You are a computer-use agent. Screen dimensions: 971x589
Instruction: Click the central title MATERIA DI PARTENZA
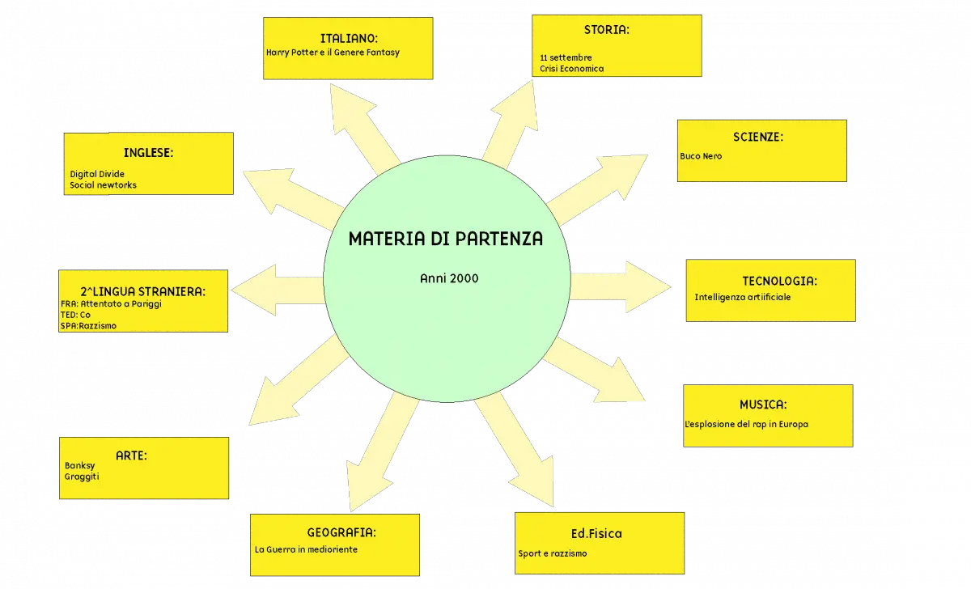[x=446, y=239]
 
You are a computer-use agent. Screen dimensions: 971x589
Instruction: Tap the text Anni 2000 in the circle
[x=449, y=278]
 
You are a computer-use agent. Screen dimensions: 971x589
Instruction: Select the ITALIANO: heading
[x=349, y=39]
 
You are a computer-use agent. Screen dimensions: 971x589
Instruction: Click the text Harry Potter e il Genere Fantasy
[x=333, y=53]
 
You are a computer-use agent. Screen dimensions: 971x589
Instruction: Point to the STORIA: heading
[x=606, y=30]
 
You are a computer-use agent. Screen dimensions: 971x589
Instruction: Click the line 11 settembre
[x=566, y=57]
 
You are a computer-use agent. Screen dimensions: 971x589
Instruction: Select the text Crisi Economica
[x=572, y=69]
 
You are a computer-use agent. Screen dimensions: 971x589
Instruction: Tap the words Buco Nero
[x=701, y=156]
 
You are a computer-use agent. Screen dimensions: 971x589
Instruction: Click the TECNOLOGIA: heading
[x=779, y=282]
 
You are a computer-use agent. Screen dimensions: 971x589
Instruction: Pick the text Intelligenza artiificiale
[x=743, y=297]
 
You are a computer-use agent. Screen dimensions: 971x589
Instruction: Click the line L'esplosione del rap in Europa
[x=746, y=424]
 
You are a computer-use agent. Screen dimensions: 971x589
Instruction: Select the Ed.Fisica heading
[x=596, y=533]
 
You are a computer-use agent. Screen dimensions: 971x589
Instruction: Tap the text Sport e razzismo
[x=553, y=553]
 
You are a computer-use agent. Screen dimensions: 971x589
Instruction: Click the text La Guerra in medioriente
[x=306, y=549]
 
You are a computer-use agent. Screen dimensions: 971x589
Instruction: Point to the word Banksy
[x=80, y=466]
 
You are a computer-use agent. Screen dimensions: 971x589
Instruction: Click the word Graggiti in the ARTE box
[x=82, y=477]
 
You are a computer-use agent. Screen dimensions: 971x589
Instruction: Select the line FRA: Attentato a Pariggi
[x=111, y=304]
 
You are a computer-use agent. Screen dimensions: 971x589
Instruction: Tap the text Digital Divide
[x=97, y=174]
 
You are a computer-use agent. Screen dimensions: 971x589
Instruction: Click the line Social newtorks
[x=104, y=185]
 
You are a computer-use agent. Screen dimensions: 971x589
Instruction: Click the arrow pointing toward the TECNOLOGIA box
[x=621, y=286]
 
